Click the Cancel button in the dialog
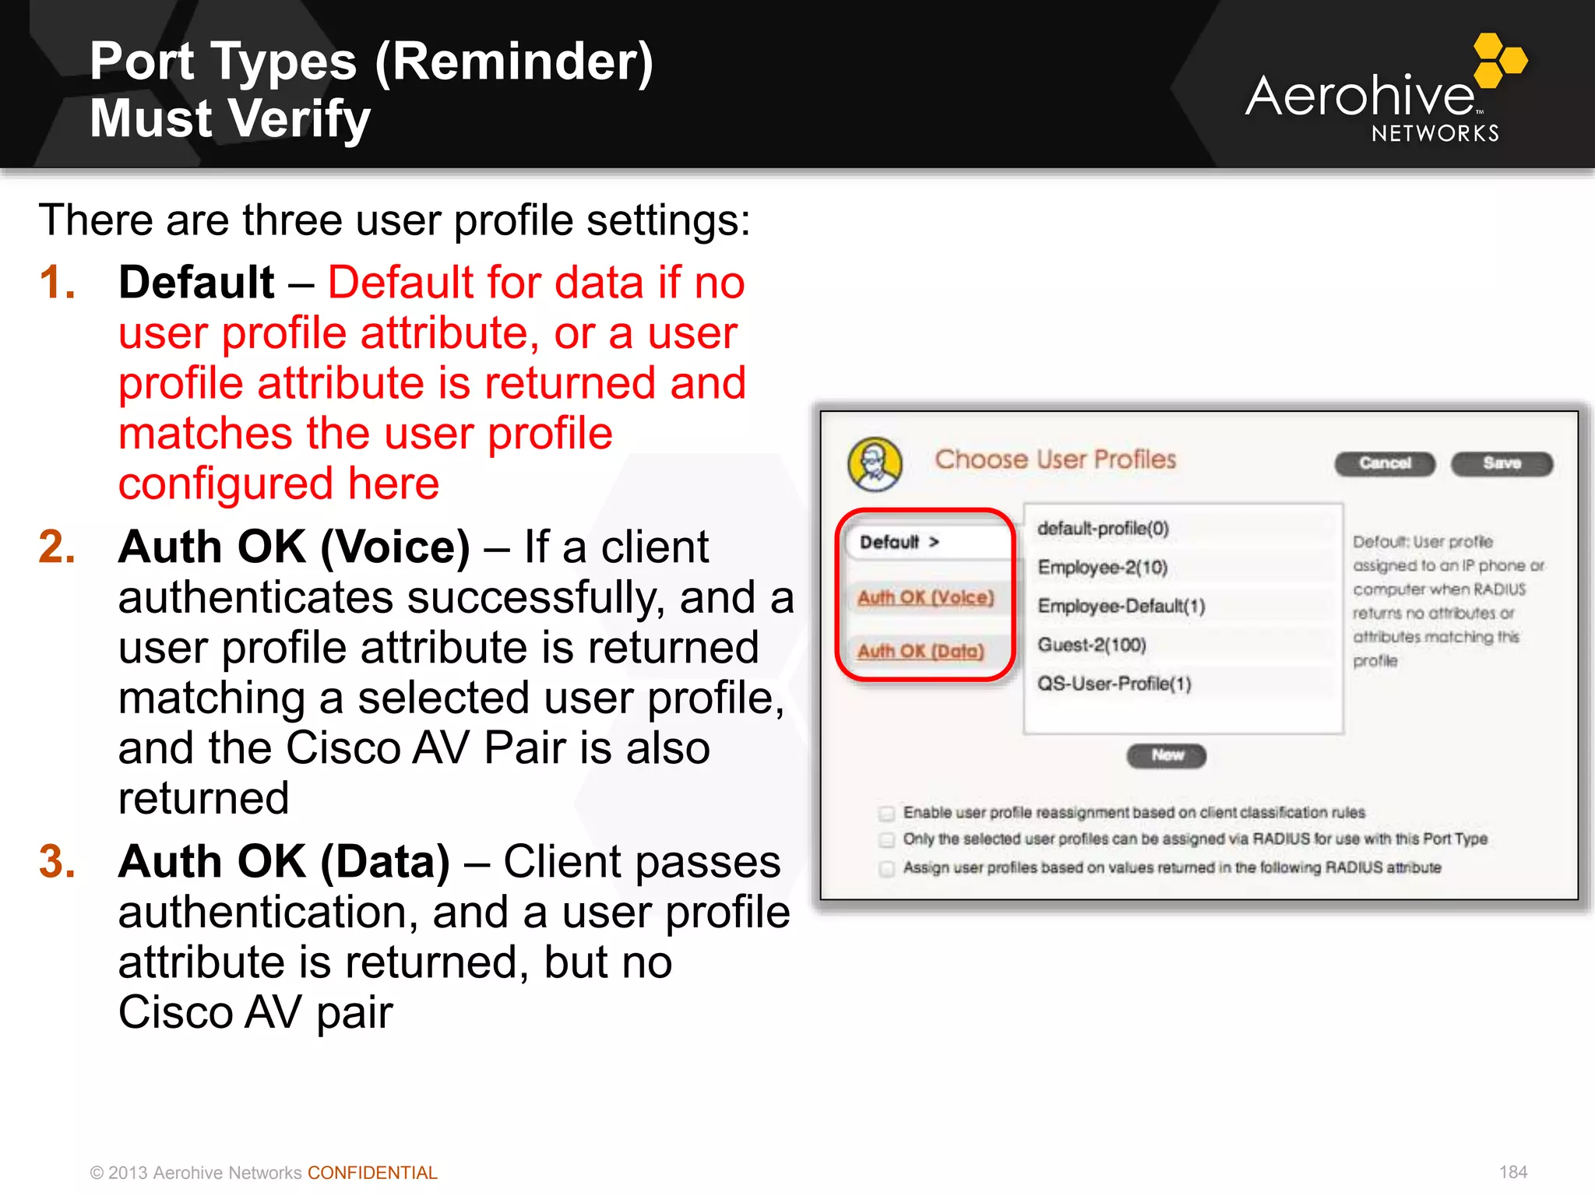coord(1384,463)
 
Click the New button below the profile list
coord(1166,755)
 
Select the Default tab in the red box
coord(900,542)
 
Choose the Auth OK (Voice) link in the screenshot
coord(925,597)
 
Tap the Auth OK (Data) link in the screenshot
coord(921,651)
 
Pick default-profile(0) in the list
coord(1103,529)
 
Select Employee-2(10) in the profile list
coord(1102,568)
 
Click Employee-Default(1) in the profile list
coord(1121,606)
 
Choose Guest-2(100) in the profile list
coord(1091,645)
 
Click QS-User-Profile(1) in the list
coord(1114,684)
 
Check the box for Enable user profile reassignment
coord(886,814)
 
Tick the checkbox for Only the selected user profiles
coord(886,840)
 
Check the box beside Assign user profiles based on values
coord(886,868)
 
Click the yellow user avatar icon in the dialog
coord(875,464)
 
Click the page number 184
coord(1512,1172)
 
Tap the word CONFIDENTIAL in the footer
coord(372,1173)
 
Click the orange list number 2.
coord(57,547)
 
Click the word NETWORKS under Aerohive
coord(1435,134)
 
